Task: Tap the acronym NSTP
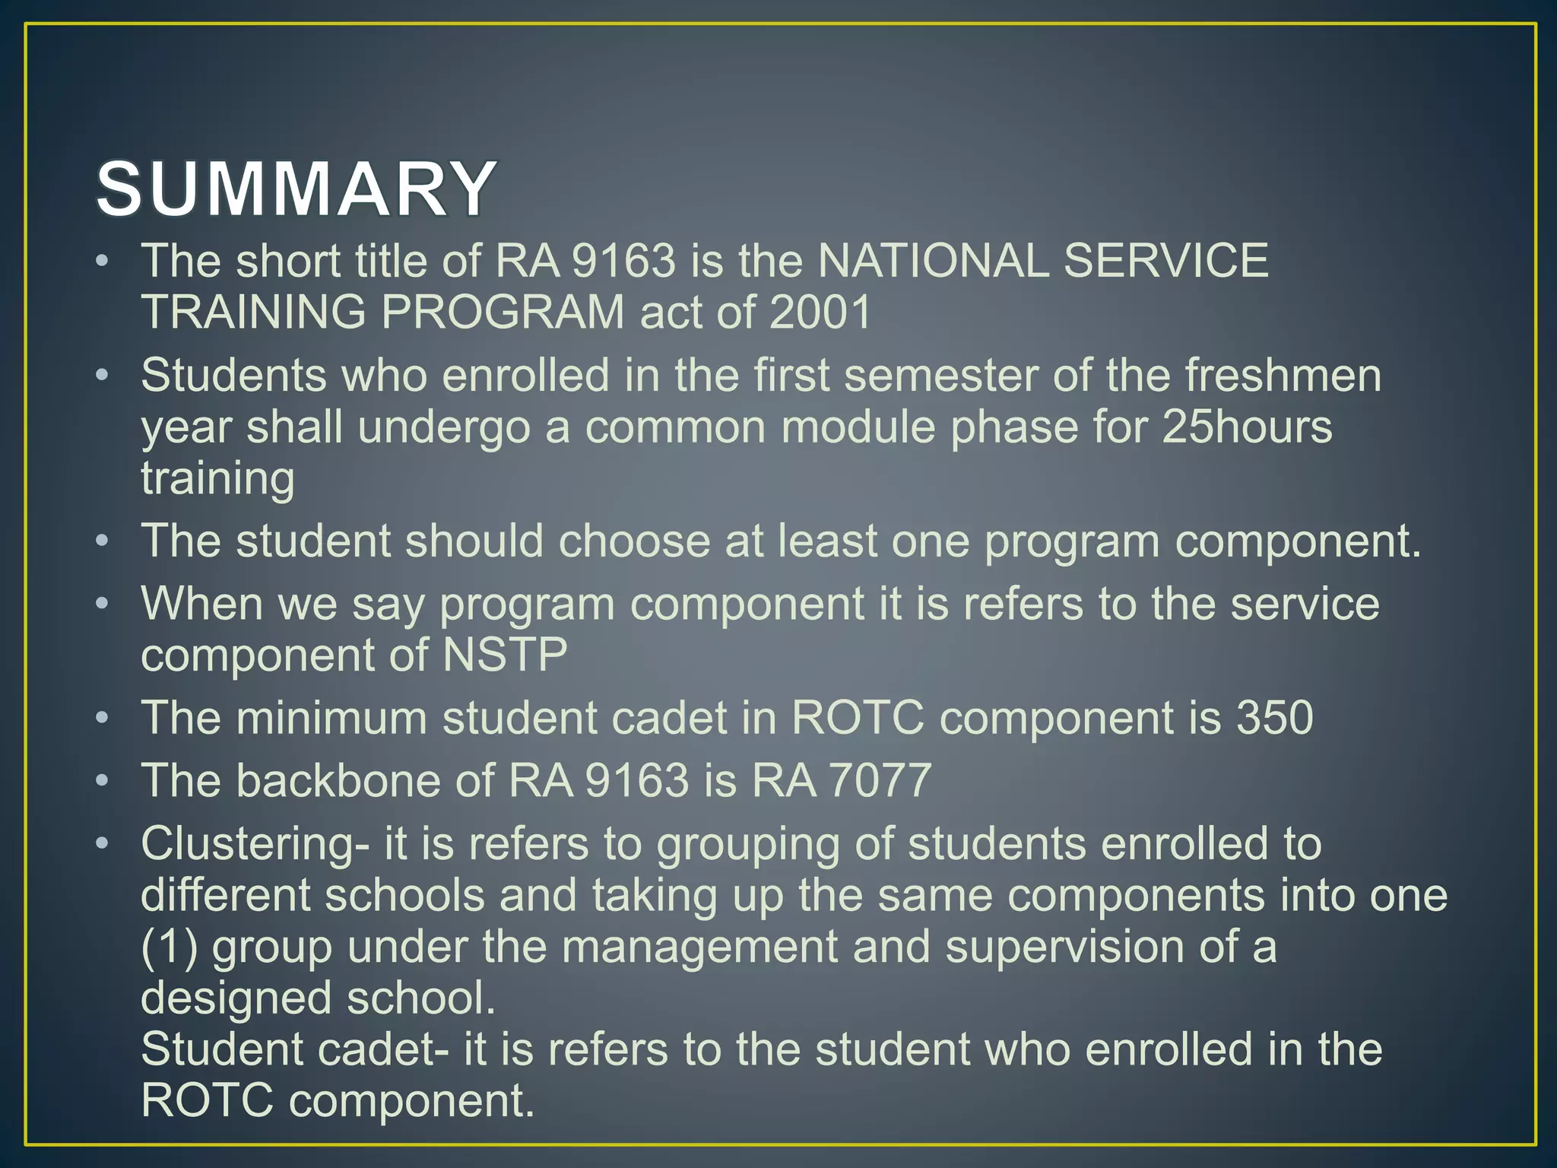point(505,655)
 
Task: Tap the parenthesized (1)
point(169,947)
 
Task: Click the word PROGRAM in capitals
point(503,313)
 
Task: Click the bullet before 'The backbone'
point(103,781)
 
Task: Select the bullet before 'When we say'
point(103,605)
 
